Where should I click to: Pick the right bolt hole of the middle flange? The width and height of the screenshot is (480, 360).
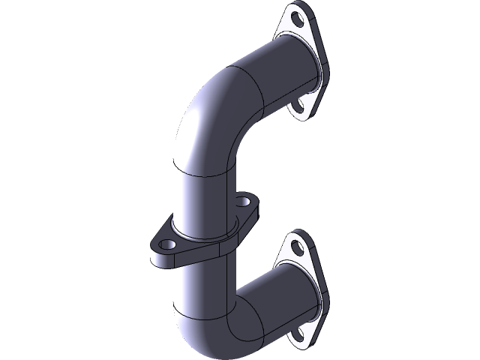pyautogui.click(x=244, y=202)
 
